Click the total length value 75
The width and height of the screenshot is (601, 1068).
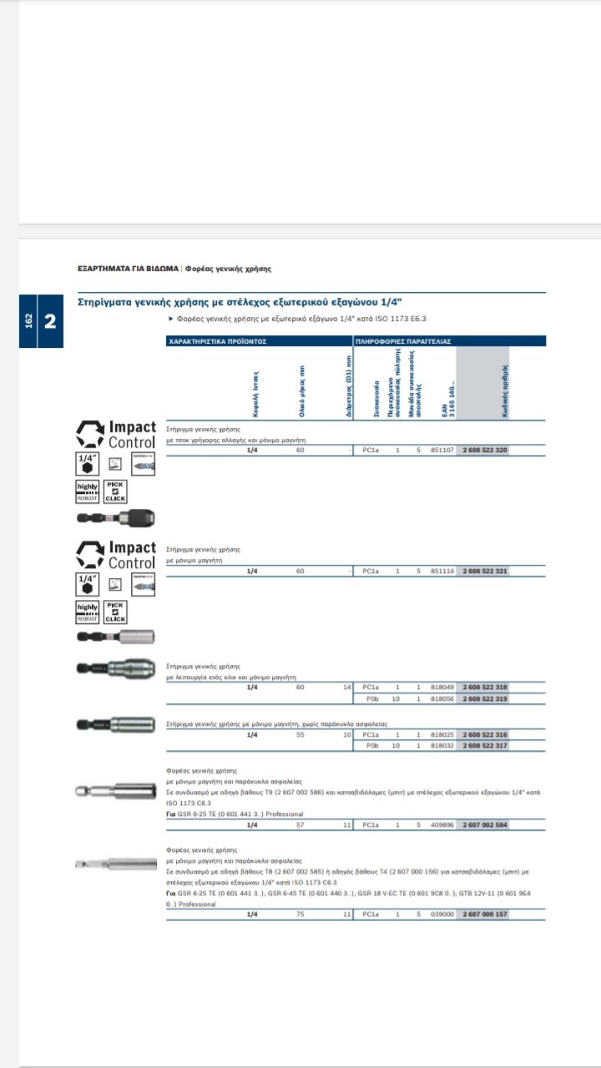pyautogui.click(x=300, y=914)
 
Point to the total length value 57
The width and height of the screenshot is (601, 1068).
pyautogui.click(x=300, y=824)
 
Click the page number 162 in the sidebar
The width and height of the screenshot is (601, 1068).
pyautogui.click(x=28, y=320)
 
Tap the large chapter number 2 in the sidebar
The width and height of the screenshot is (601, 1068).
pyautogui.click(x=49, y=320)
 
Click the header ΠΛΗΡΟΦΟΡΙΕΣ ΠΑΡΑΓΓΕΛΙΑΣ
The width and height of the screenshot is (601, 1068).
pyautogui.click(x=403, y=341)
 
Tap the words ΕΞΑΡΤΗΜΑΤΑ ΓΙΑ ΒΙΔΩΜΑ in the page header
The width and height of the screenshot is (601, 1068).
pyautogui.click(x=128, y=269)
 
